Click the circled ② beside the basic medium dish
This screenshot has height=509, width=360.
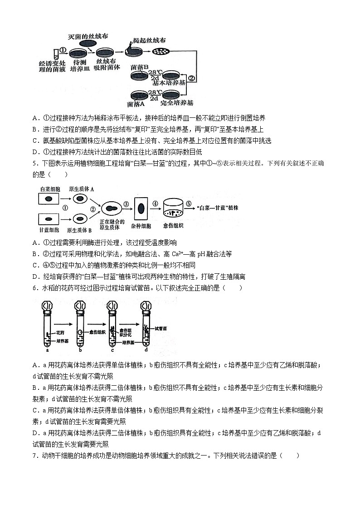coord(192,78)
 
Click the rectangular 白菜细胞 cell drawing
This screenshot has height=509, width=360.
coord(50,198)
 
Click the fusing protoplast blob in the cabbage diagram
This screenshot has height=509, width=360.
coord(112,209)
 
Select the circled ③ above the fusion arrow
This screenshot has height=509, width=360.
coord(126,204)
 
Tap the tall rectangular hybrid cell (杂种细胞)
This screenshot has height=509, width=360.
coord(141,208)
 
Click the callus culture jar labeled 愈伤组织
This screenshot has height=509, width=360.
coord(173,209)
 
